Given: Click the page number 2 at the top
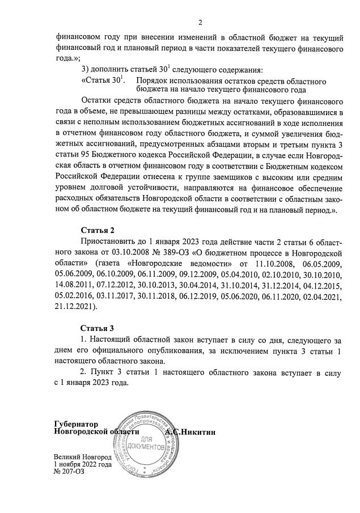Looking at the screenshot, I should (x=200, y=23).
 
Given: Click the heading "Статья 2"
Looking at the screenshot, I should (x=98, y=230).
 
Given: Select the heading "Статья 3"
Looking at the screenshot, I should (x=98, y=328).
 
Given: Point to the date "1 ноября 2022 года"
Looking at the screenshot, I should (x=83, y=464).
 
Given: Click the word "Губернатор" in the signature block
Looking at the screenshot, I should (x=77, y=424).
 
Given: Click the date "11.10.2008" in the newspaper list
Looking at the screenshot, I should (x=260, y=264).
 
